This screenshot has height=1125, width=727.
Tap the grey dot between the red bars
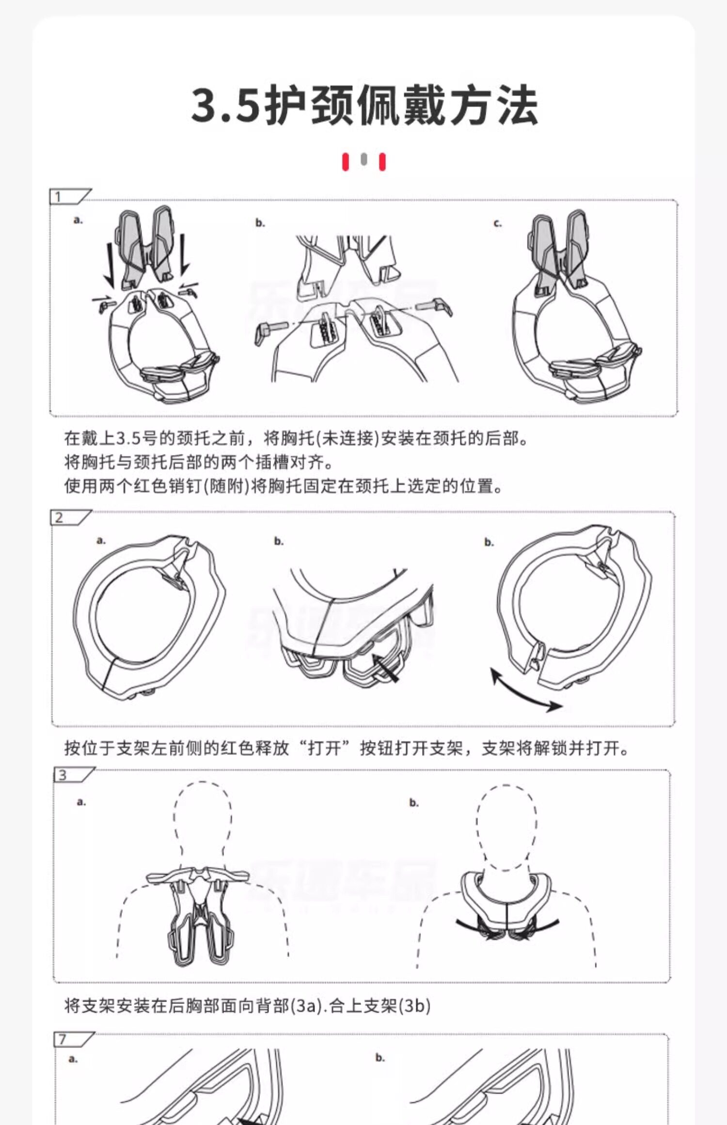[x=364, y=159]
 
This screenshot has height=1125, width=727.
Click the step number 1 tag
[x=70, y=197]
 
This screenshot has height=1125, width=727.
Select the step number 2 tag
[x=71, y=517]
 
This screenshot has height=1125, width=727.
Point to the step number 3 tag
[x=74, y=775]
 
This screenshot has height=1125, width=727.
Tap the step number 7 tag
[x=74, y=1040]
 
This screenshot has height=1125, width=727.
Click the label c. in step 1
[x=497, y=223]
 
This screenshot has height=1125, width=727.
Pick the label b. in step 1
[x=260, y=223]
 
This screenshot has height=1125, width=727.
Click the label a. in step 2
[x=101, y=540]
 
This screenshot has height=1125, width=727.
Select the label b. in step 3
[x=413, y=803]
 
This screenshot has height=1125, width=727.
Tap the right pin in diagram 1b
[x=438, y=306]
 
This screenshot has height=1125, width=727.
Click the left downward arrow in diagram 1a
[x=109, y=264]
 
